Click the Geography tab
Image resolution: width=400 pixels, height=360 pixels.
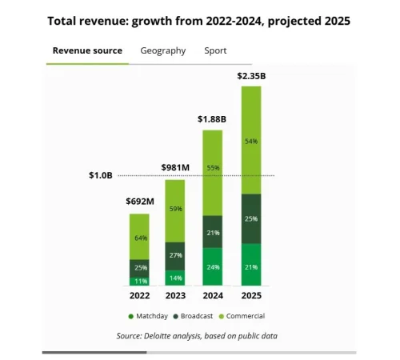[x=162, y=50]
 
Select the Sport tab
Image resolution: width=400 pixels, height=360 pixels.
[x=215, y=50]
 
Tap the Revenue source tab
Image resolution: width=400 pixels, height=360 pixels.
[x=87, y=50]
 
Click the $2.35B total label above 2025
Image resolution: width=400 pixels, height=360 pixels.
[x=251, y=77]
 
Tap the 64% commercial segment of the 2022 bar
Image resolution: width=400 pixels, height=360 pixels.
[x=139, y=237]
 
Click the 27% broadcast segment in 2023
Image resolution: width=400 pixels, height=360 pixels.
[x=175, y=255]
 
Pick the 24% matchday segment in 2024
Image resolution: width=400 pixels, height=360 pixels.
[x=212, y=267]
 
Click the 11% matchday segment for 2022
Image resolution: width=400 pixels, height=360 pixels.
[x=139, y=281]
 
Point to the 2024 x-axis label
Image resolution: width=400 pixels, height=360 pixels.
[x=212, y=295]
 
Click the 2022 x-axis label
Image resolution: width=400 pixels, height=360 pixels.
[x=139, y=295]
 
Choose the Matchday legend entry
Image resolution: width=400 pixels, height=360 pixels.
[x=148, y=317]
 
